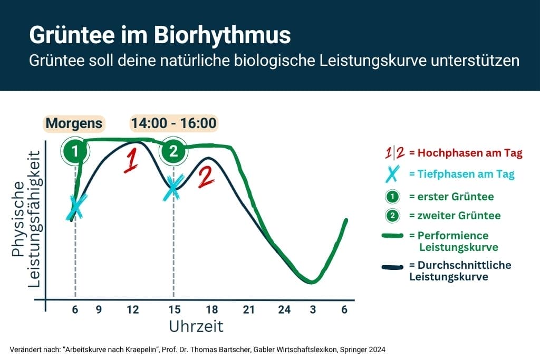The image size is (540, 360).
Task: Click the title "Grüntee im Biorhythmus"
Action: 159,35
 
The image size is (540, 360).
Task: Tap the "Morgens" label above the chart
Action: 74,123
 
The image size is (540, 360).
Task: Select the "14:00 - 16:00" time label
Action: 173,123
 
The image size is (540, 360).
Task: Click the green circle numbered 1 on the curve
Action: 75,152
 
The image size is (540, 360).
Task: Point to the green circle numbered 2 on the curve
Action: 173,152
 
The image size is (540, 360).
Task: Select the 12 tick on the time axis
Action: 133,310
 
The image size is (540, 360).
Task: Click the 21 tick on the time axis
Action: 248,310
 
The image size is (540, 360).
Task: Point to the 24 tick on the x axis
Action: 284,310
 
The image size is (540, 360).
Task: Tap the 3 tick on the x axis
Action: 313,310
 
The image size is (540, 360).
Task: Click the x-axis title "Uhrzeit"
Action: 196,327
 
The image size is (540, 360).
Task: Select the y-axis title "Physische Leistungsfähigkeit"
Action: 26,220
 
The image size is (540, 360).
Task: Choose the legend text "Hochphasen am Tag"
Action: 466,153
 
